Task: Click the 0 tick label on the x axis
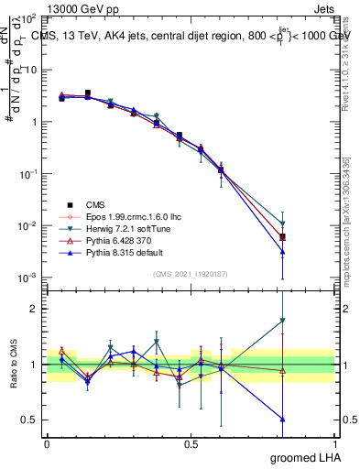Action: [47, 442]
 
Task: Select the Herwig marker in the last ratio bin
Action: [283, 321]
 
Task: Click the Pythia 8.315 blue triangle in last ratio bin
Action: [283, 419]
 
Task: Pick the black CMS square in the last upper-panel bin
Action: [283, 237]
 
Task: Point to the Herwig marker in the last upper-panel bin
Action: [283, 224]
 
